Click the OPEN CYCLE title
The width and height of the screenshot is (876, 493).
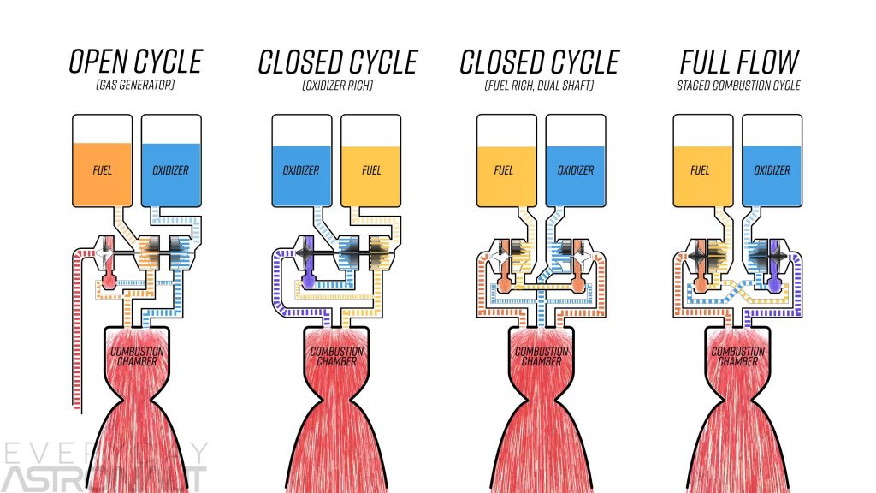point(135,62)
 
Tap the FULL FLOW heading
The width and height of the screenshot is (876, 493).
point(739,62)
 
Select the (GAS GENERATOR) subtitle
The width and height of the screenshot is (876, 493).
point(135,85)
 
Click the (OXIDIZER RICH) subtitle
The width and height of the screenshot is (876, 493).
point(337,86)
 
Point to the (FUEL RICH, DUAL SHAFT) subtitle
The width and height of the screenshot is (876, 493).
point(539,86)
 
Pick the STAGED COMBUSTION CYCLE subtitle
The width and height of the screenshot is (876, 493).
point(738,86)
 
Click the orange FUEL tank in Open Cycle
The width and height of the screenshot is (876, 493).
point(103,161)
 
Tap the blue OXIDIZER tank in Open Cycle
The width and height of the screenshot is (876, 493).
point(171,161)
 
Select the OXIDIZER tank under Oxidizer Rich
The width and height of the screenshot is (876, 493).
point(302,161)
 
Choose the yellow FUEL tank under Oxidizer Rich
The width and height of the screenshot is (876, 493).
point(371,161)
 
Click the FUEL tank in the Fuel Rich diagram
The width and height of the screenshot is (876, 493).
point(506,161)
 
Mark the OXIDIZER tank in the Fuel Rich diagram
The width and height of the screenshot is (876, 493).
point(576,161)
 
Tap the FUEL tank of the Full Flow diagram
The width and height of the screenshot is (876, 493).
point(703,161)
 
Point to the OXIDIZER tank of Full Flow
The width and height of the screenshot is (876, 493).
point(772,161)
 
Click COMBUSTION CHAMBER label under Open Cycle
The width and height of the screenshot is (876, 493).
point(137,356)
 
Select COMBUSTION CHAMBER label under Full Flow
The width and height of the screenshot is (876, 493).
point(738,356)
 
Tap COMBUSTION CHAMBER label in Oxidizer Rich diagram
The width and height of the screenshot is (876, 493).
point(337,356)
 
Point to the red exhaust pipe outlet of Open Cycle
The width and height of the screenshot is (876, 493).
point(77,408)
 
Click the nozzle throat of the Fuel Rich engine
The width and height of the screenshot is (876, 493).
point(541,399)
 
